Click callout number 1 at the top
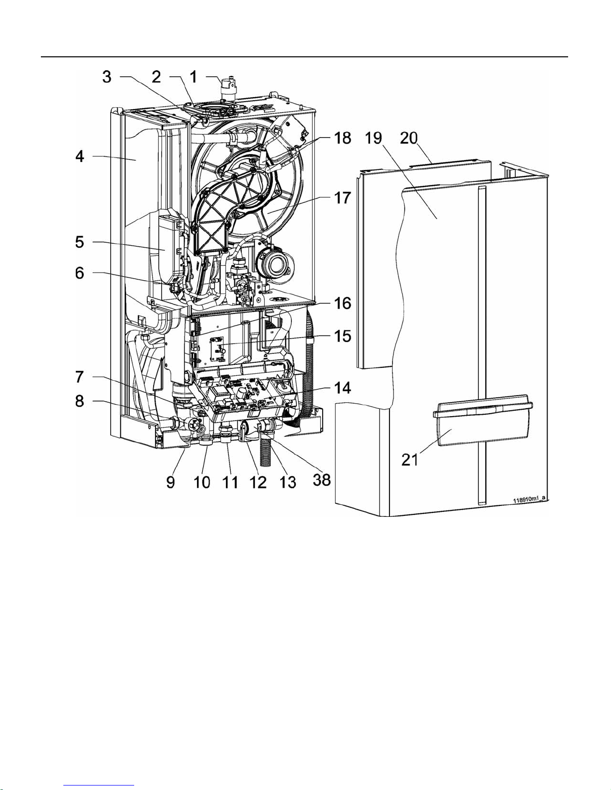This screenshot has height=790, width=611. (194, 77)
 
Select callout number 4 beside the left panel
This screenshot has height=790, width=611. (80, 157)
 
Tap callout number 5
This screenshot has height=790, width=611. (80, 242)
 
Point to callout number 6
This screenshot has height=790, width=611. (80, 273)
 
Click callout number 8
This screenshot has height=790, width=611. (80, 401)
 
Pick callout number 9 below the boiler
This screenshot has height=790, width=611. (171, 482)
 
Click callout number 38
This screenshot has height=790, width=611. (322, 480)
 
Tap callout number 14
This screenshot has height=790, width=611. (342, 388)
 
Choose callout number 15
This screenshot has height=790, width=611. (342, 335)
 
